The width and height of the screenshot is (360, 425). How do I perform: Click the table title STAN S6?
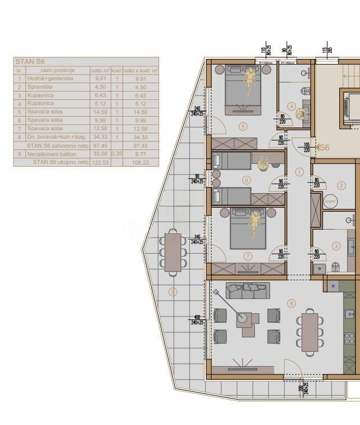(30, 62)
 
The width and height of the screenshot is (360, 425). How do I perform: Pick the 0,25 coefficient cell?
(116, 154)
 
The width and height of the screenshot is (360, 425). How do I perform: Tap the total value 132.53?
(100, 162)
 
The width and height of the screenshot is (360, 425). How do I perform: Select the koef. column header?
(116, 71)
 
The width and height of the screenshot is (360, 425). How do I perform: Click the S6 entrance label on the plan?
(323, 148)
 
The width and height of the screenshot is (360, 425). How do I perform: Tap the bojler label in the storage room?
(330, 201)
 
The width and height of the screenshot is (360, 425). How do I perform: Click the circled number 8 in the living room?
(291, 304)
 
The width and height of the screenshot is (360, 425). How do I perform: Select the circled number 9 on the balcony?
(173, 291)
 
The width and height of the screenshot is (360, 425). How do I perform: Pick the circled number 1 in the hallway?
(299, 172)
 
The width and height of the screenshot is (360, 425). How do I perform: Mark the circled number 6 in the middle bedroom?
(246, 180)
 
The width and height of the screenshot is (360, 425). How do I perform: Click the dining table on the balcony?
(173, 252)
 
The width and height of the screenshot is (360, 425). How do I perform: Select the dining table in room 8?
(309, 332)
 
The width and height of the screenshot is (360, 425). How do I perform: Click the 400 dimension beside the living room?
(197, 317)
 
